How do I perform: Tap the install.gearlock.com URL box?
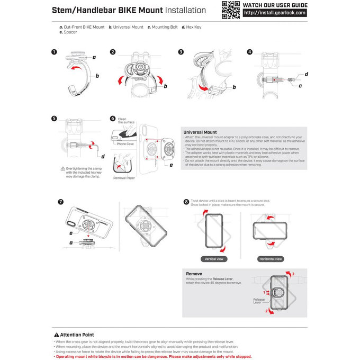(274, 13)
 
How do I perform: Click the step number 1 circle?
(55, 52)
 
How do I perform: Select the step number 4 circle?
(249, 52)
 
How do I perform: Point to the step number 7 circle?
(60, 202)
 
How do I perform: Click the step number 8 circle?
(186, 202)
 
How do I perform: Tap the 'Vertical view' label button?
(214, 259)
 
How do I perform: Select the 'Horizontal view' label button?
(271, 259)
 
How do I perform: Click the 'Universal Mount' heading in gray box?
(200, 132)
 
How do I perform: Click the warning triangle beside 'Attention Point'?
(57, 335)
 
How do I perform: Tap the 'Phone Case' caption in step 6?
(125, 144)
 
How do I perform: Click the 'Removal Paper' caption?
(124, 178)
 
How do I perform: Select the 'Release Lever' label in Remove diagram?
(259, 301)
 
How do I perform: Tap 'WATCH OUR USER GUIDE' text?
(274, 5)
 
